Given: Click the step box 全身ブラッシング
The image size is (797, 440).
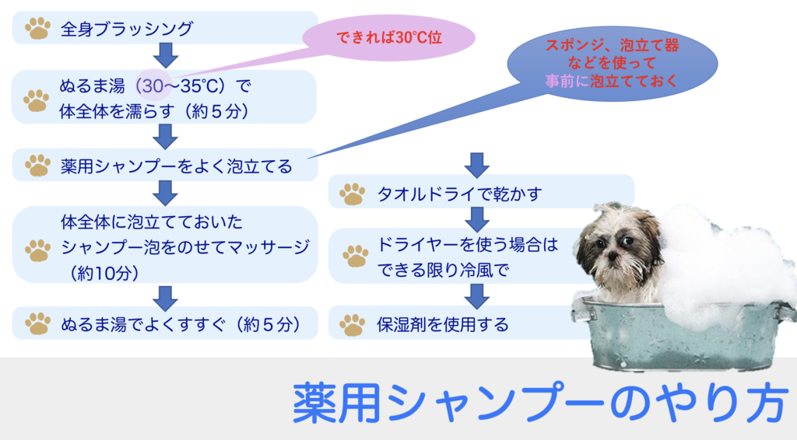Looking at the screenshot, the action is click(165, 28).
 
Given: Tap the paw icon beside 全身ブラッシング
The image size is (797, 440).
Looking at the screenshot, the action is click(37, 29).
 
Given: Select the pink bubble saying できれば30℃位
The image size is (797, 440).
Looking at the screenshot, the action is click(389, 37).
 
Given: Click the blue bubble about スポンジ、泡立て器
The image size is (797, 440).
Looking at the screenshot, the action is click(612, 64).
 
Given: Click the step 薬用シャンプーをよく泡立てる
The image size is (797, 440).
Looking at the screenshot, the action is click(165, 165).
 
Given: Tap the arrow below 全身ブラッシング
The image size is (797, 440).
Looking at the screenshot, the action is click(165, 55).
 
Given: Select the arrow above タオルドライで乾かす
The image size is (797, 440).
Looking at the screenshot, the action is click(477, 165).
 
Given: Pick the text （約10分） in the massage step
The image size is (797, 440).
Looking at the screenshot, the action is click(104, 274).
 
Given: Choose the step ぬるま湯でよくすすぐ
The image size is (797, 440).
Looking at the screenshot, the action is click(165, 323).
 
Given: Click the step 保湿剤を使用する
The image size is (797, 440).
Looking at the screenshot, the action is click(458, 323).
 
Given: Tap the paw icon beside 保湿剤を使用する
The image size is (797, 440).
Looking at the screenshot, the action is click(353, 325).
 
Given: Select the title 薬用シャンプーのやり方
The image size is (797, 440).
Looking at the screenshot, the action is click(540, 403).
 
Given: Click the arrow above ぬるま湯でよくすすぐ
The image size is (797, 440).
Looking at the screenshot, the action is click(165, 299).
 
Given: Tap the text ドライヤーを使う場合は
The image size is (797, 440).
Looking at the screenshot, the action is click(467, 245).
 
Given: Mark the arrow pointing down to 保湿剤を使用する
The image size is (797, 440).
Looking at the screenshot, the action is click(477, 296).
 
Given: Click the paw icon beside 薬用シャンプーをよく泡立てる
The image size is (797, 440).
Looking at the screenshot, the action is click(37, 166).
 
